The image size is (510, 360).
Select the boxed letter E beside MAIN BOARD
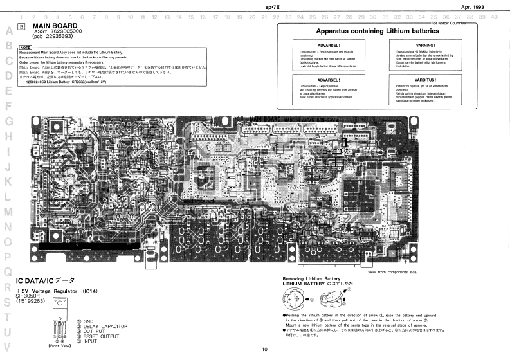tap(23, 26)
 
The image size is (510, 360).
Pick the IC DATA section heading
tap(44, 281)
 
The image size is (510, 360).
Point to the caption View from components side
tap(392, 272)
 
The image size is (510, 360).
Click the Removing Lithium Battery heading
tap(311, 278)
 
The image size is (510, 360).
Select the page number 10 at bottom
tap(264, 350)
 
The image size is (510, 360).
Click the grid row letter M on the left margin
tap(9, 211)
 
